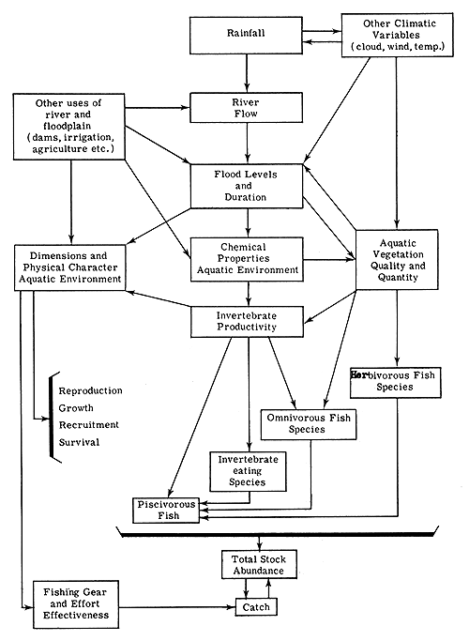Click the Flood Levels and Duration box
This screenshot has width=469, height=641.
coord(248,186)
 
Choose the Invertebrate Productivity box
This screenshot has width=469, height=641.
coord(248,321)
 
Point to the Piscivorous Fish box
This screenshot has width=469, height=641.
coord(166,511)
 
